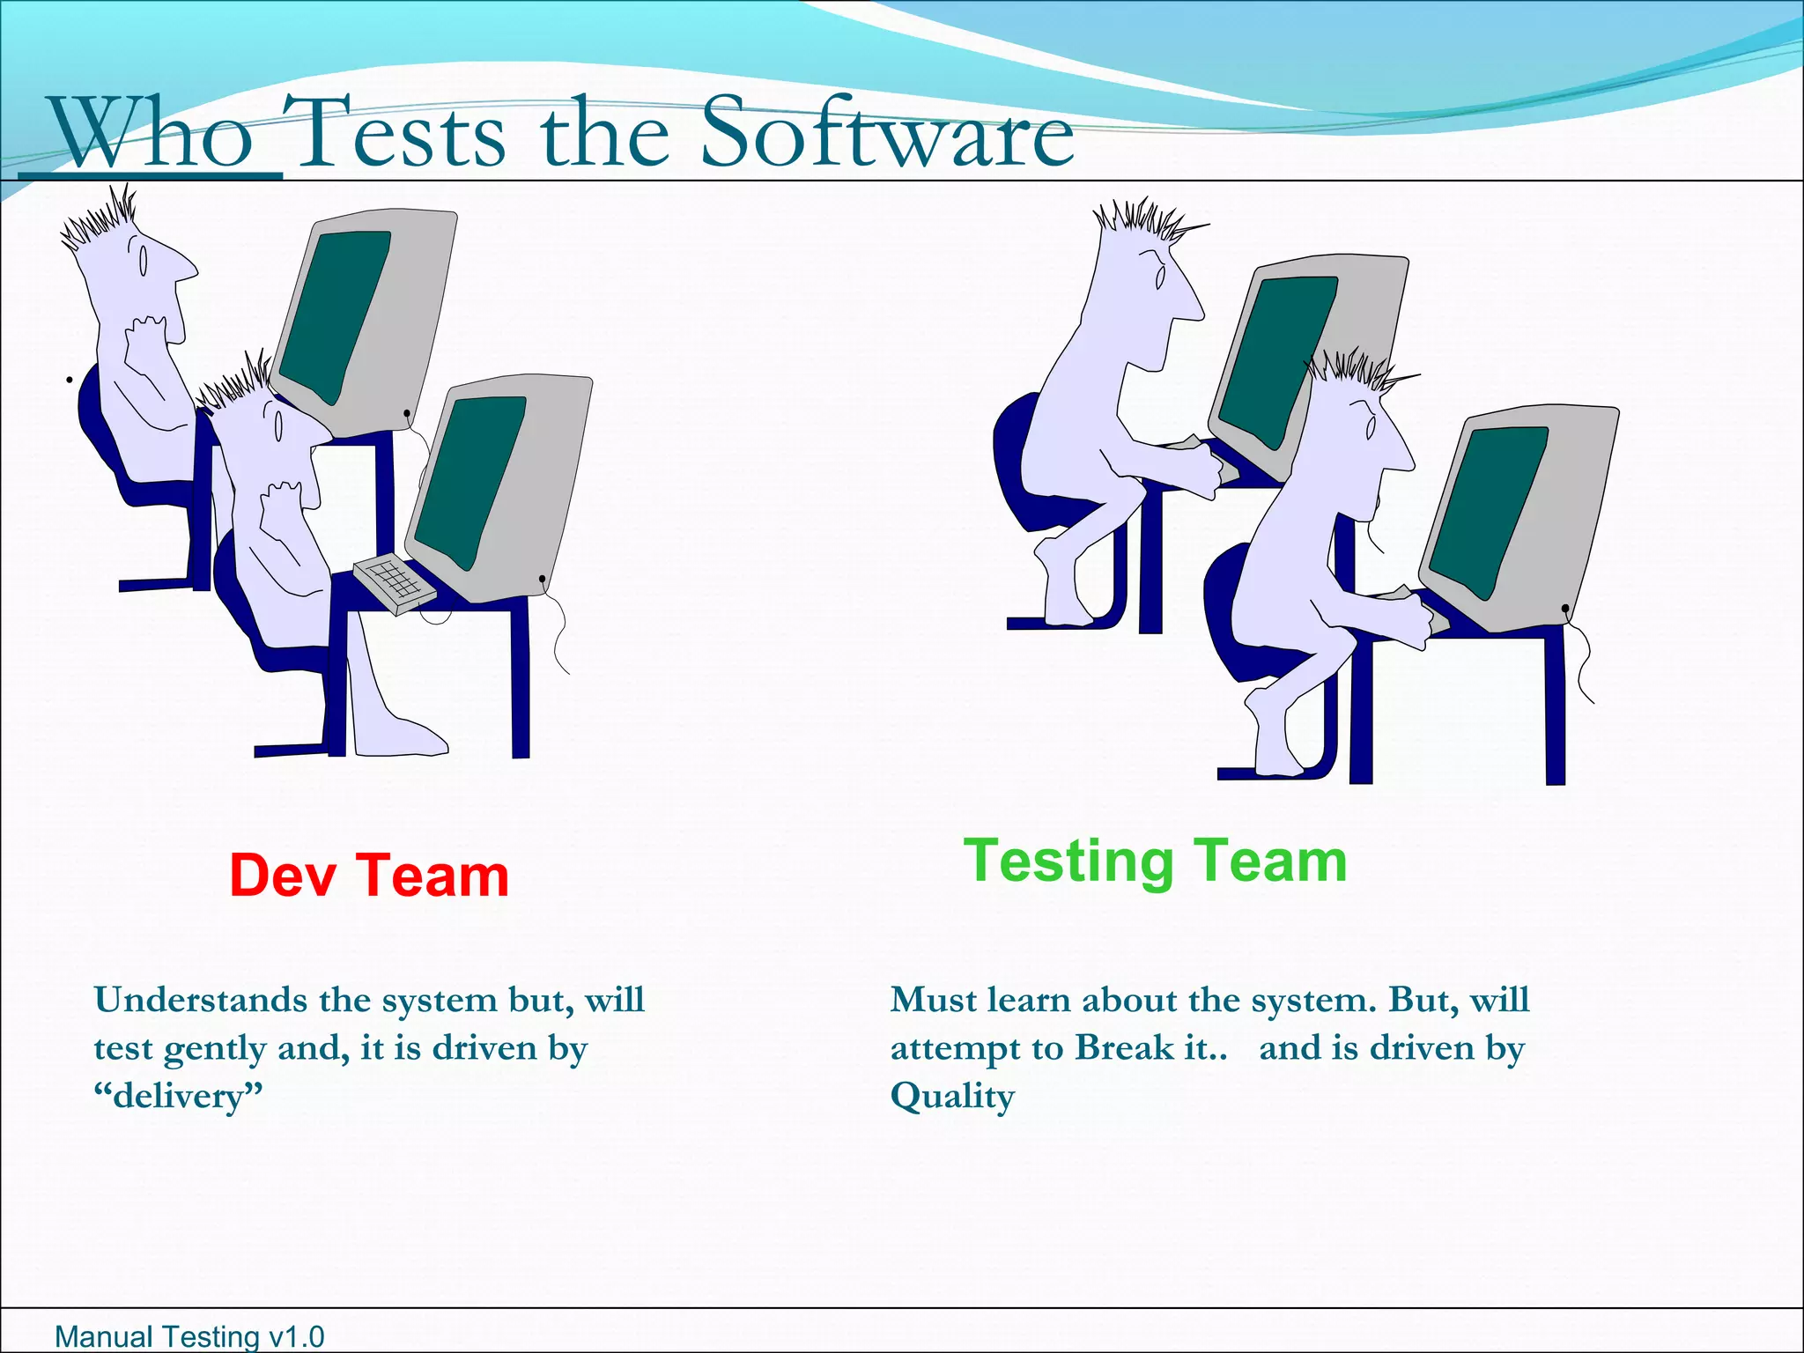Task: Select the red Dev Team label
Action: (x=369, y=876)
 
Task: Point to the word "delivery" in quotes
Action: (x=179, y=1097)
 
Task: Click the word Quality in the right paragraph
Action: (x=952, y=1097)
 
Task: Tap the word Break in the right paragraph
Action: (x=1125, y=1048)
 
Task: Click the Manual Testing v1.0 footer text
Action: (x=189, y=1336)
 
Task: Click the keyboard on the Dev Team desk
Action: (x=394, y=583)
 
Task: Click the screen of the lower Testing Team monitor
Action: (x=1488, y=507)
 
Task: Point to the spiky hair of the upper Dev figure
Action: (x=101, y=220)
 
